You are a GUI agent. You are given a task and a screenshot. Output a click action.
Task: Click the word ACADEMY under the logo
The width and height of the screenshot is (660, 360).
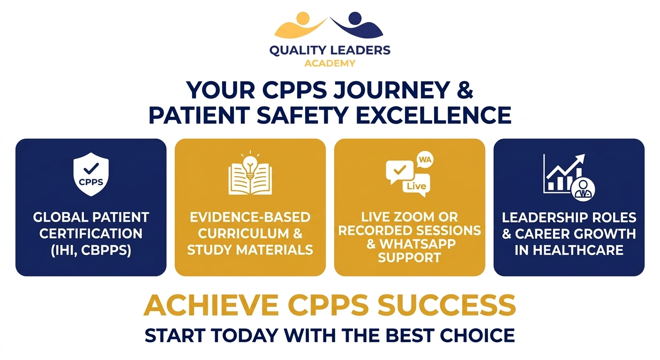[x=330, y=63]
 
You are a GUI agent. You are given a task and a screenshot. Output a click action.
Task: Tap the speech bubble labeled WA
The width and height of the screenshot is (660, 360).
[x=424, y=161]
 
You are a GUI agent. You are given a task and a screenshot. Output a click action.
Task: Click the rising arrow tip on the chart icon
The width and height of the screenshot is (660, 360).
[x=581, y=158]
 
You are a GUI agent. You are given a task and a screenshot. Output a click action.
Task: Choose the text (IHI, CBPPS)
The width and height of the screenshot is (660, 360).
[x=91, y=250]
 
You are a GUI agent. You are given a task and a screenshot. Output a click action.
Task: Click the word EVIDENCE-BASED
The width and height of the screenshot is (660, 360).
[x=250, y=217]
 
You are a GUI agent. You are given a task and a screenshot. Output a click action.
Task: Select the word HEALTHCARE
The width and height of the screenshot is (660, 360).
[x=569, y=250]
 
